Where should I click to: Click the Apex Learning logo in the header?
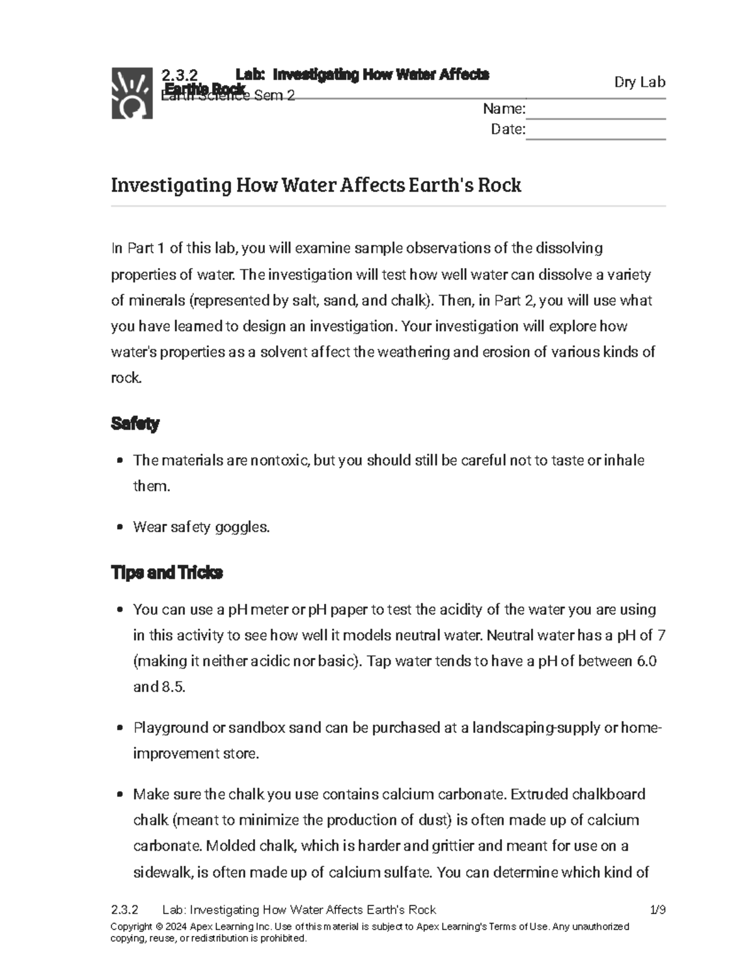pyautogui.click(x=132, y=93)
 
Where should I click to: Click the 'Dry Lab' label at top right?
pyautogui.click(x=639, y=82)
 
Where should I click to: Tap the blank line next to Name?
pyautogui.click(x=595, y=111)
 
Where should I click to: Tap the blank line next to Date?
pyautogui.click(x=595, y=131)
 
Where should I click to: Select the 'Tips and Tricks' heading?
pyautogui.click(x=167, y=573)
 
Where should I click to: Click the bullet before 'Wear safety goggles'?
pyautogui.click(x=120, y=528)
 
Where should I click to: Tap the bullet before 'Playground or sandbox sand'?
pyautogui.click(x=120, y=729)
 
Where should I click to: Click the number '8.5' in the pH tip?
pyautogui.click(x=173, y=687)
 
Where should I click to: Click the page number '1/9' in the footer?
pyautogui.click(x=657, y=910)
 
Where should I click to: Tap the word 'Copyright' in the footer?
pyautogui.click(x=131, y=927)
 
